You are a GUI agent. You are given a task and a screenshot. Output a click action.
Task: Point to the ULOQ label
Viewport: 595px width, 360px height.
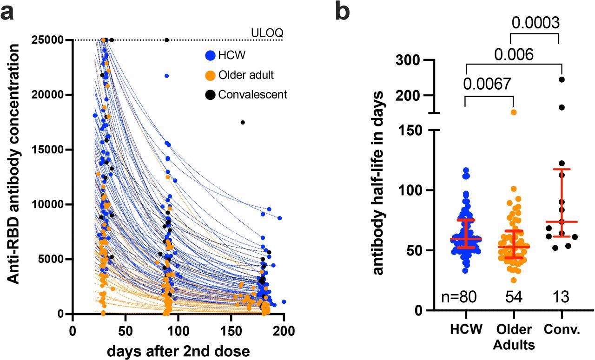267,33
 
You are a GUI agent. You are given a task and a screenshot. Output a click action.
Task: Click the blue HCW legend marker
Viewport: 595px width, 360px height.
210,55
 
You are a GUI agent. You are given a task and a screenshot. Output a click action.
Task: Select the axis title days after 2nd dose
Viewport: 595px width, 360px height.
178,351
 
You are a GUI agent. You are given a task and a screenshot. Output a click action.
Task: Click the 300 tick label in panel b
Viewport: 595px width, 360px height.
409,60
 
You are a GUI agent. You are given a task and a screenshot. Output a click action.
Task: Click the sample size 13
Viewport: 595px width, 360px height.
561,297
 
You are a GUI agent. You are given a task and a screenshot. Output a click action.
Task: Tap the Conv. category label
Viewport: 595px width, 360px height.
562,330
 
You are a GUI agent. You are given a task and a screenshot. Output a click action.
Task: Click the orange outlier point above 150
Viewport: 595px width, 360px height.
514,112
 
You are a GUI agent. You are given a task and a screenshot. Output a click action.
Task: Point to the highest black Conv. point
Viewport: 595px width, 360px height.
562,79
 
